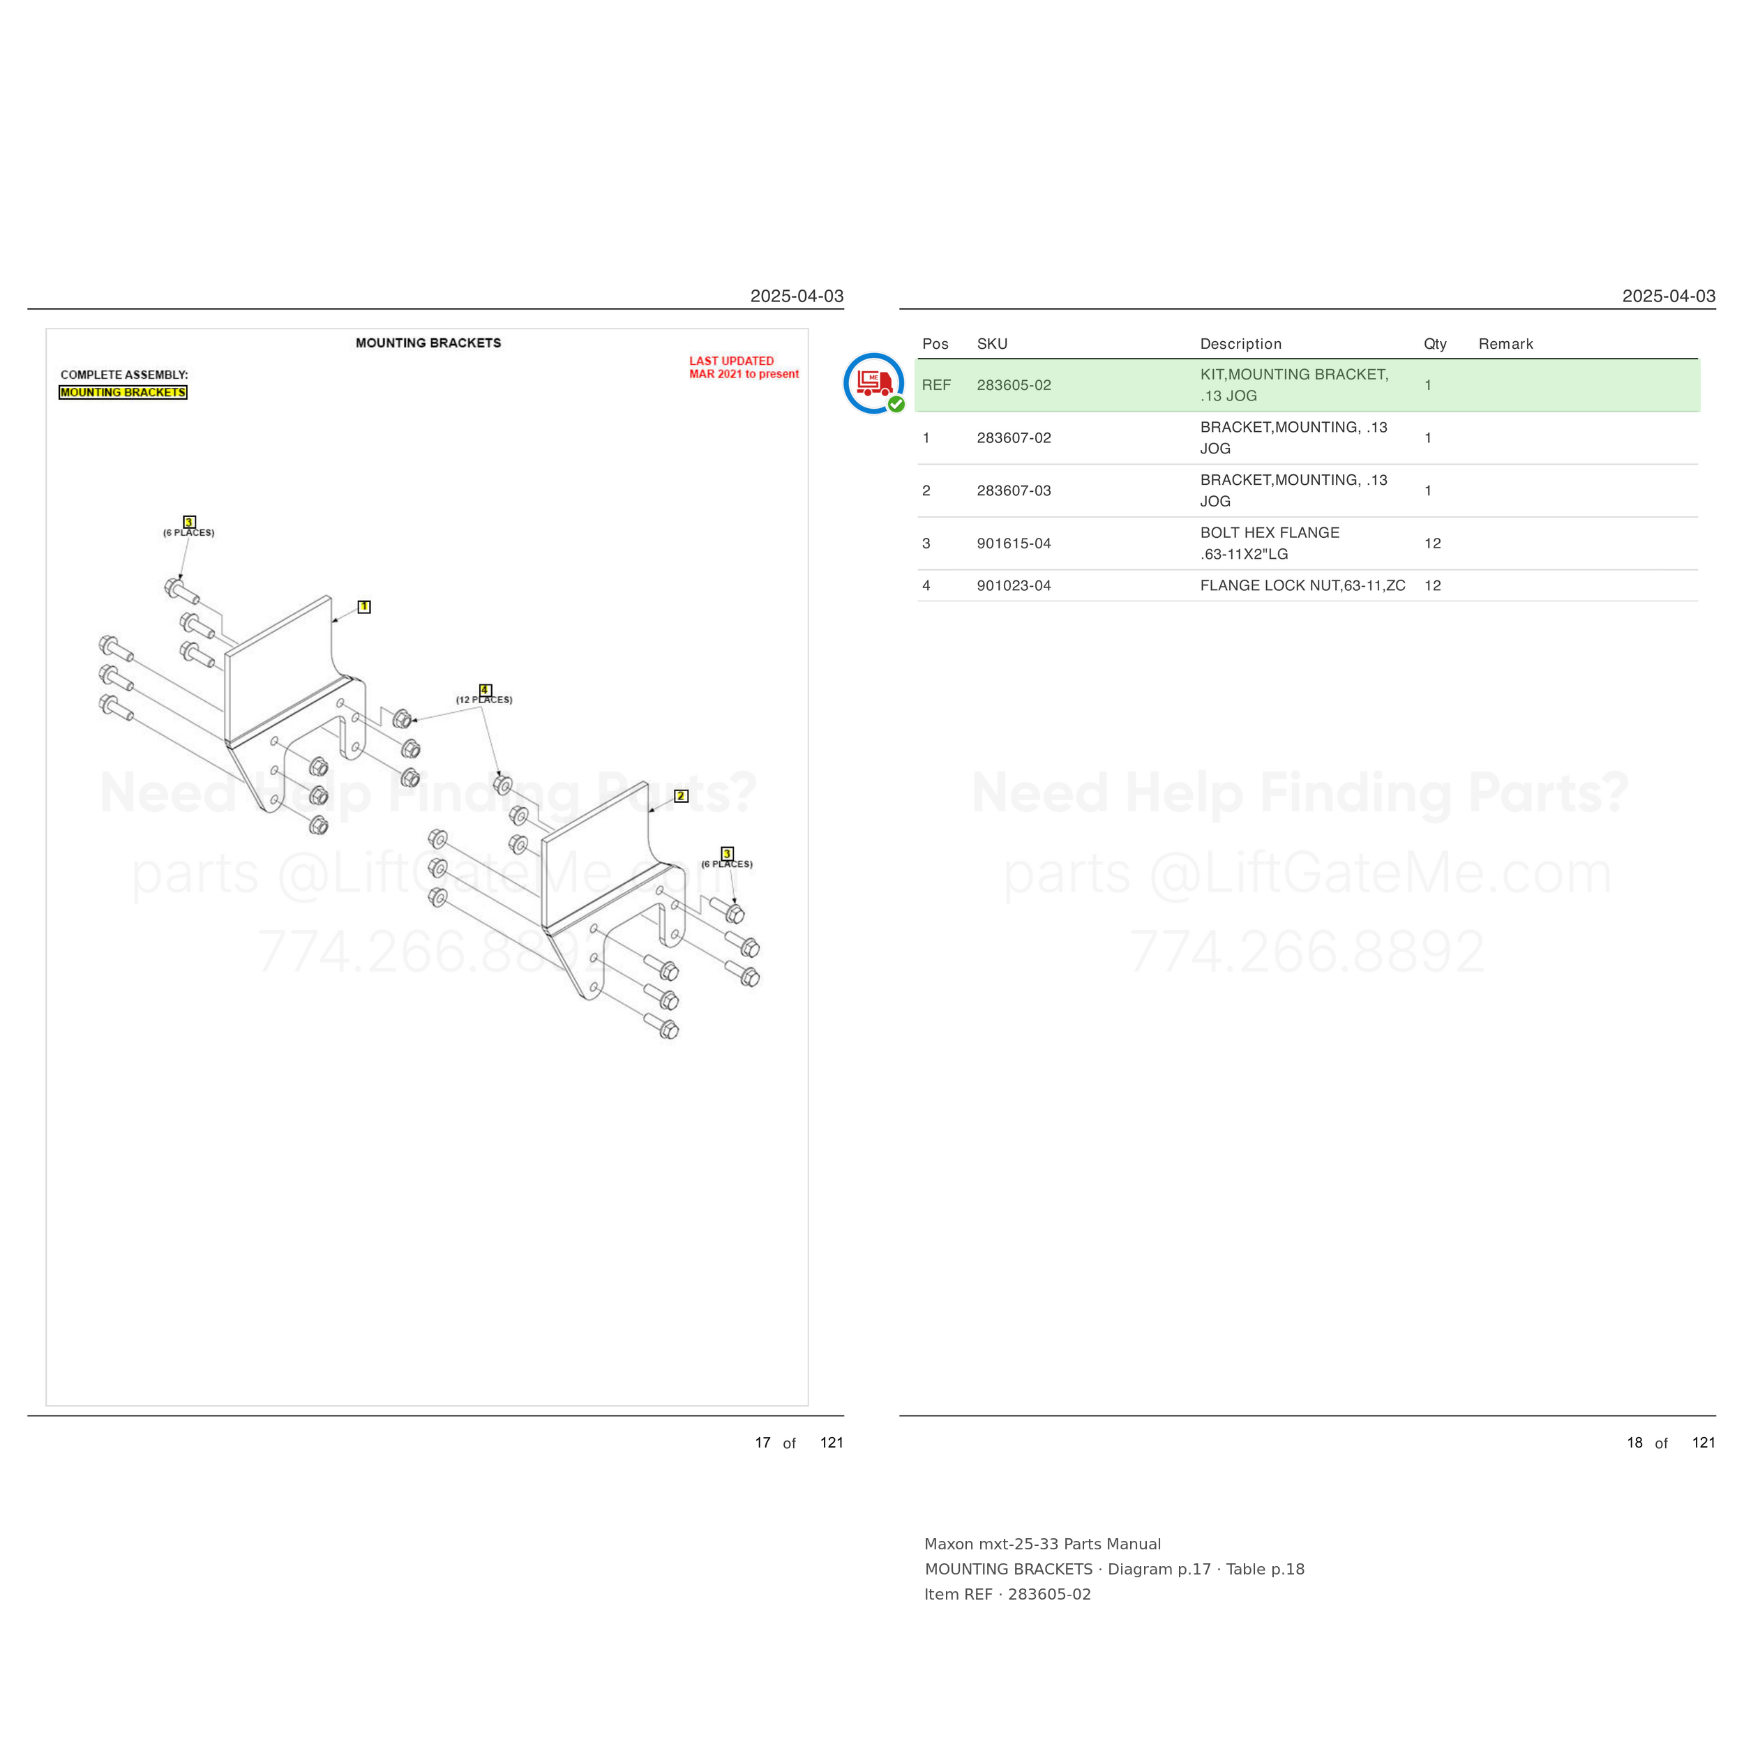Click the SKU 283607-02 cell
tap(1014, 438)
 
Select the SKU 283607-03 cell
tap(1014, 490)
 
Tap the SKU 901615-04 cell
tap(1014, 543)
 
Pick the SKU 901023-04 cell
tap(1014, 586)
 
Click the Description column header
tap(1240, 344)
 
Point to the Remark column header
tap(1505, 344)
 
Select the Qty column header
tap(1435, 344)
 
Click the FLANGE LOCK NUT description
tap(1302, 586)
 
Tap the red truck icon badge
tap(874, 384)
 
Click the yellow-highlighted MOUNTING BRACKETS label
tap(123, 393)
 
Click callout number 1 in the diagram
tap(363, 607)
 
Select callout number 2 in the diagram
tap(681, 796)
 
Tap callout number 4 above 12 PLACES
tap(485, 690)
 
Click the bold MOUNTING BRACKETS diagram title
tap(428, 343)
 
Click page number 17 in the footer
tap(762, 1443)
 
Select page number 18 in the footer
tap(1634, 1443)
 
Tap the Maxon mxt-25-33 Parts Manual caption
tap(1043, 1544)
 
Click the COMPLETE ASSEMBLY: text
tap(125, 375)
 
